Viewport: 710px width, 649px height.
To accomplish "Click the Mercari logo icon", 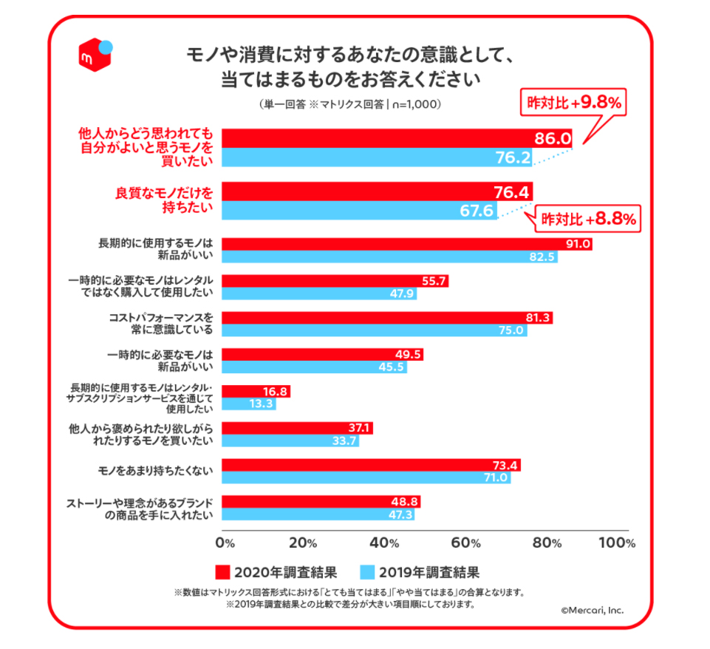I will pyautogui.click(x=95, y=53).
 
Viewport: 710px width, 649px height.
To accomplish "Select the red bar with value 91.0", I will pyautogui.click(x=406, y=245).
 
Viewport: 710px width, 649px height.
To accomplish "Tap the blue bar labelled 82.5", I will pyautogui.click(x=389, y=257).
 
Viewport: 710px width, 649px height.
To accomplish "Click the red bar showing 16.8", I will pyautogui.click(x=256, y=391).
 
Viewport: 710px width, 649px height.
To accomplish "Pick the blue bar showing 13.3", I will pyautogui.click(x=249, y=404).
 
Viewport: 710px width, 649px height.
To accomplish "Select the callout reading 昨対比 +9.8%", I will pyautogui.click(x=573, y=103).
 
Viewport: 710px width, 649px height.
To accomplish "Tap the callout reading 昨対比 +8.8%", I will pyautogui.click(x=589, y=219).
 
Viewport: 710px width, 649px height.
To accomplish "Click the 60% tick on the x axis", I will pyautogui.click(x=467, y=543).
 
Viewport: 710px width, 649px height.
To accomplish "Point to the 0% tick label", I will pyautogui.click(x=225, y=543).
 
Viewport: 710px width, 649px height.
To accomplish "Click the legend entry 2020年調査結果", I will pyautogui.click(x=276, y=571).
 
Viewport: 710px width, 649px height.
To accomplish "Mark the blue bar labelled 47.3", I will pyautogui.click(x=318, y=514).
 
